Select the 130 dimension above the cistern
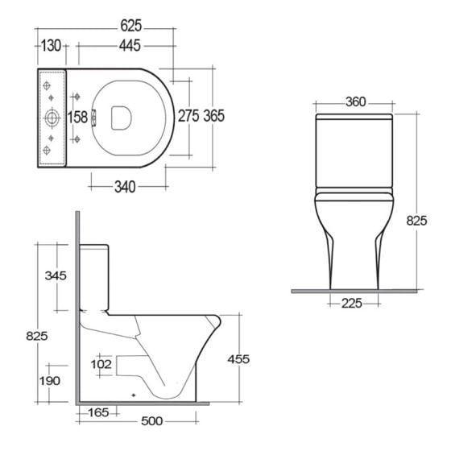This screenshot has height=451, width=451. coord(51,46)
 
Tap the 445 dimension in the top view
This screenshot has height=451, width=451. coord(118,46)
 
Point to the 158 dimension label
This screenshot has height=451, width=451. coord(77,117)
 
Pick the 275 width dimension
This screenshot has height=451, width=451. coord(188,116)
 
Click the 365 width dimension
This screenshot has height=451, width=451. coord(213,116)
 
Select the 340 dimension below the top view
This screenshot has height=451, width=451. coord(122,186)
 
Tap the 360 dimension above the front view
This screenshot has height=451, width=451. coord(354,102)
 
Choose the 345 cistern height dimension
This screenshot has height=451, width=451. coord(55,275)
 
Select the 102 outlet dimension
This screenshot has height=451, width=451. coord(101,363)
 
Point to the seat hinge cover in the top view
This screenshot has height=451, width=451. coord(96,118)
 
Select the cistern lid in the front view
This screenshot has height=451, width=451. coord(354,120)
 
